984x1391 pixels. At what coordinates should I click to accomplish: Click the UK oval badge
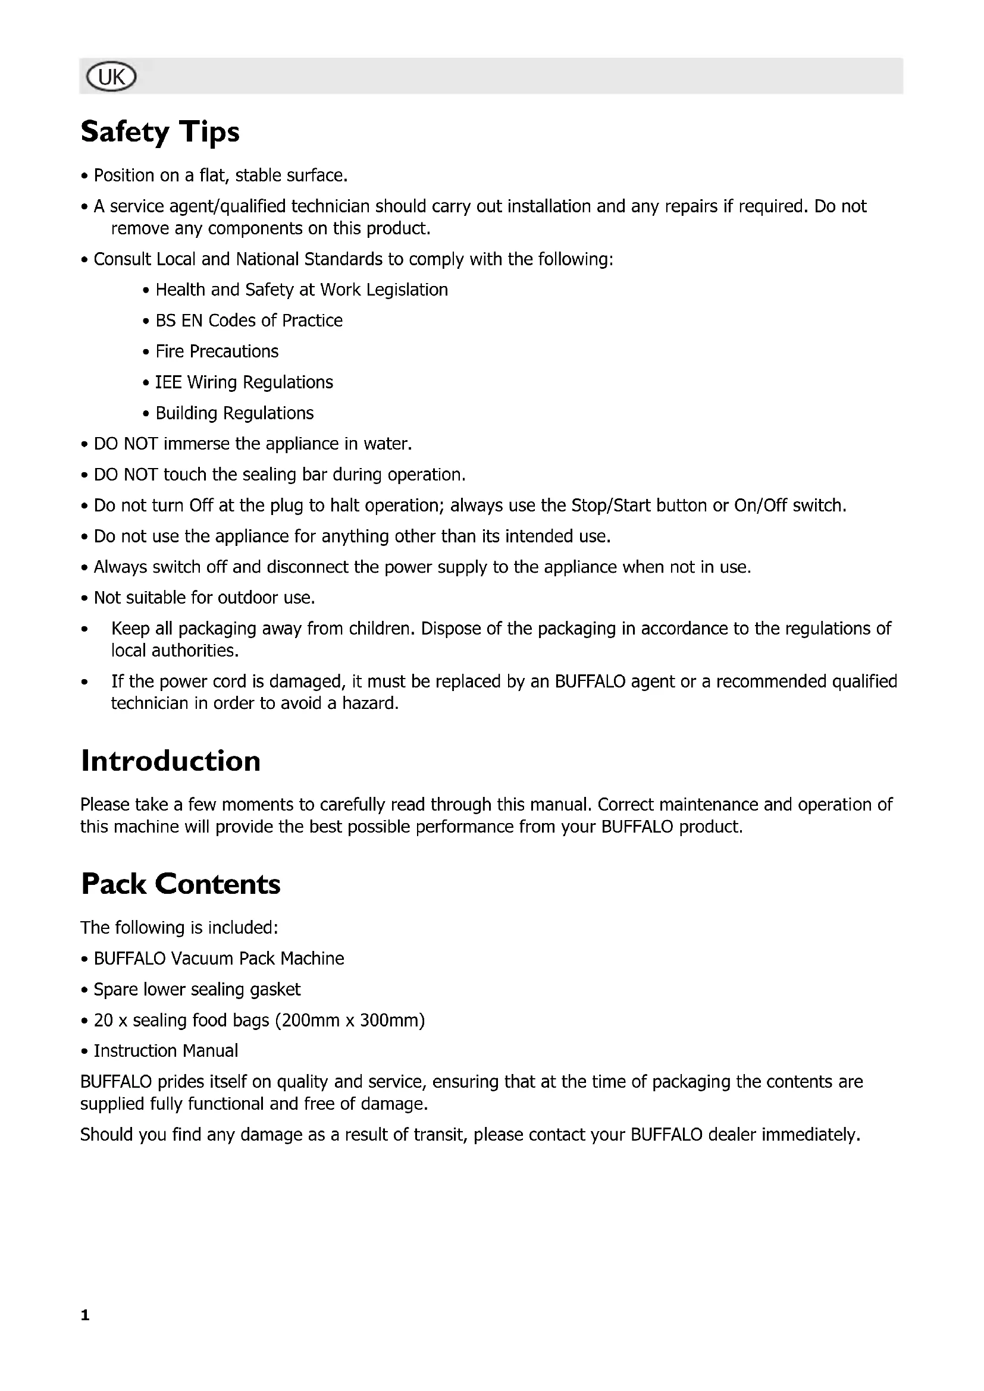(x=111, y=77)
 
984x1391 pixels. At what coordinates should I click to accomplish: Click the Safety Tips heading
(x=160, y=131)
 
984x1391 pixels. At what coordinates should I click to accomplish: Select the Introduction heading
(x=170, y=761)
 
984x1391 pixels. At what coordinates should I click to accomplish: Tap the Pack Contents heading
(x=181, y=884)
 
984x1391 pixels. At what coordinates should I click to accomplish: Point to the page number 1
(x=85, y=1315)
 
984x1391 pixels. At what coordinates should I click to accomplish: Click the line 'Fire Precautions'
(x=217, y=351)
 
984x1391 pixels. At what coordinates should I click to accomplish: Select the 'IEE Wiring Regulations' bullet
(x=243, y=382)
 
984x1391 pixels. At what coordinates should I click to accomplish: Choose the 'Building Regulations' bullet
(x=234, y=413)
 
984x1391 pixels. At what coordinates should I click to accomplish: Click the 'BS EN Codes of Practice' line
(x=249, y=321)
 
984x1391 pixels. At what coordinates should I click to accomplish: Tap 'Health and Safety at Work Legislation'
(x=301, y=290)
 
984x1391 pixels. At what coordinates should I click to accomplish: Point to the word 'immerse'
(x=197, y=444)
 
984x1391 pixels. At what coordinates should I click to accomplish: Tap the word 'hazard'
(x=369, y=704)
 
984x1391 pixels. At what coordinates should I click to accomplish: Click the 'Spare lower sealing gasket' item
(x=197, y=990)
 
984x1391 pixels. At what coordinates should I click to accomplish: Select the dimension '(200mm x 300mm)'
(x=350, y=1021)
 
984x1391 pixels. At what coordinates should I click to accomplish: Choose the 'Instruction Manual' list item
(x=165, y=1050)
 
